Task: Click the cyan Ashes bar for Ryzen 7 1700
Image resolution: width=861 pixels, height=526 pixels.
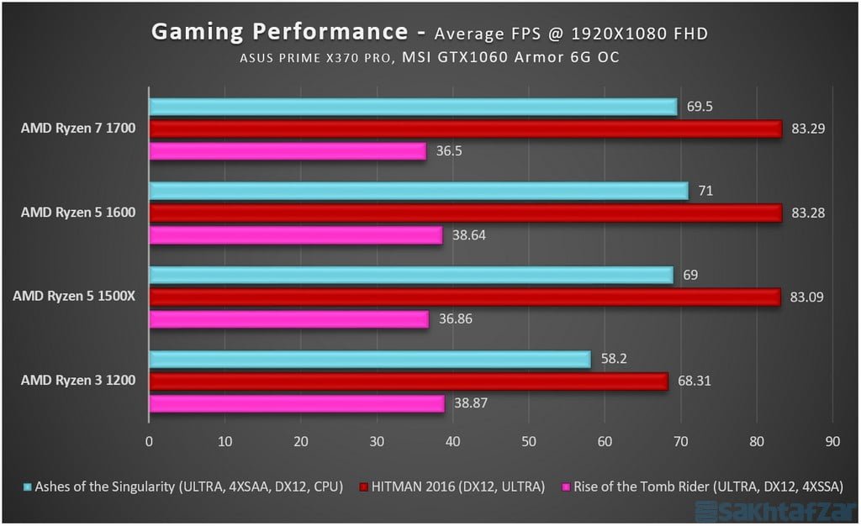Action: pyautogui.click(x=412, y=107)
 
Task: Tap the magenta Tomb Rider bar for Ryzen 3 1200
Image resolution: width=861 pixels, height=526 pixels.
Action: pyautogui.click(x=296, y=404)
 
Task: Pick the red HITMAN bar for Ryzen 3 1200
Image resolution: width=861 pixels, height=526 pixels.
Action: pyautogui.click(x=408, y=381)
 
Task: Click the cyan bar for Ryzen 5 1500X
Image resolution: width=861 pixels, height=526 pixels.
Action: pyautogui.click(x=410, y=275)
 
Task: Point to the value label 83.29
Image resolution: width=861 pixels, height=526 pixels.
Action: pyautogui.click(x=808, y=129)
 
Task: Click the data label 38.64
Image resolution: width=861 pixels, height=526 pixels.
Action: pyautogui.click(x=468, y=236)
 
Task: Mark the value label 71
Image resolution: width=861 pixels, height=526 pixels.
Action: pyautogui.click(x=705, y=191)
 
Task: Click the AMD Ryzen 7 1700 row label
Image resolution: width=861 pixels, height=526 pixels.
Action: pyautogui.click(x=80, y=129)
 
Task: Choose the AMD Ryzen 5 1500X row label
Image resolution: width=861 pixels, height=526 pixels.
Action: pyautogui.click(x=74, y=297)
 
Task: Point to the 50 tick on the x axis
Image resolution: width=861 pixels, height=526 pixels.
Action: pyautogui.click(x=529, y=440)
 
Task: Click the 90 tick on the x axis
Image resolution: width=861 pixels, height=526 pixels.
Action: pyautogui.click(x=832, y=440)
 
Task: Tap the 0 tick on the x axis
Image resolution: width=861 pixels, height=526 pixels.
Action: pyautogui.click(x=150, y=440)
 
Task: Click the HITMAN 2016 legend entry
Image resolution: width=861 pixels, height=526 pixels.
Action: pyautogui.click(x=453, y=487)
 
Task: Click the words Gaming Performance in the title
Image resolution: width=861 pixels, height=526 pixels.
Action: pyautogui.click(x=279, y=32)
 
